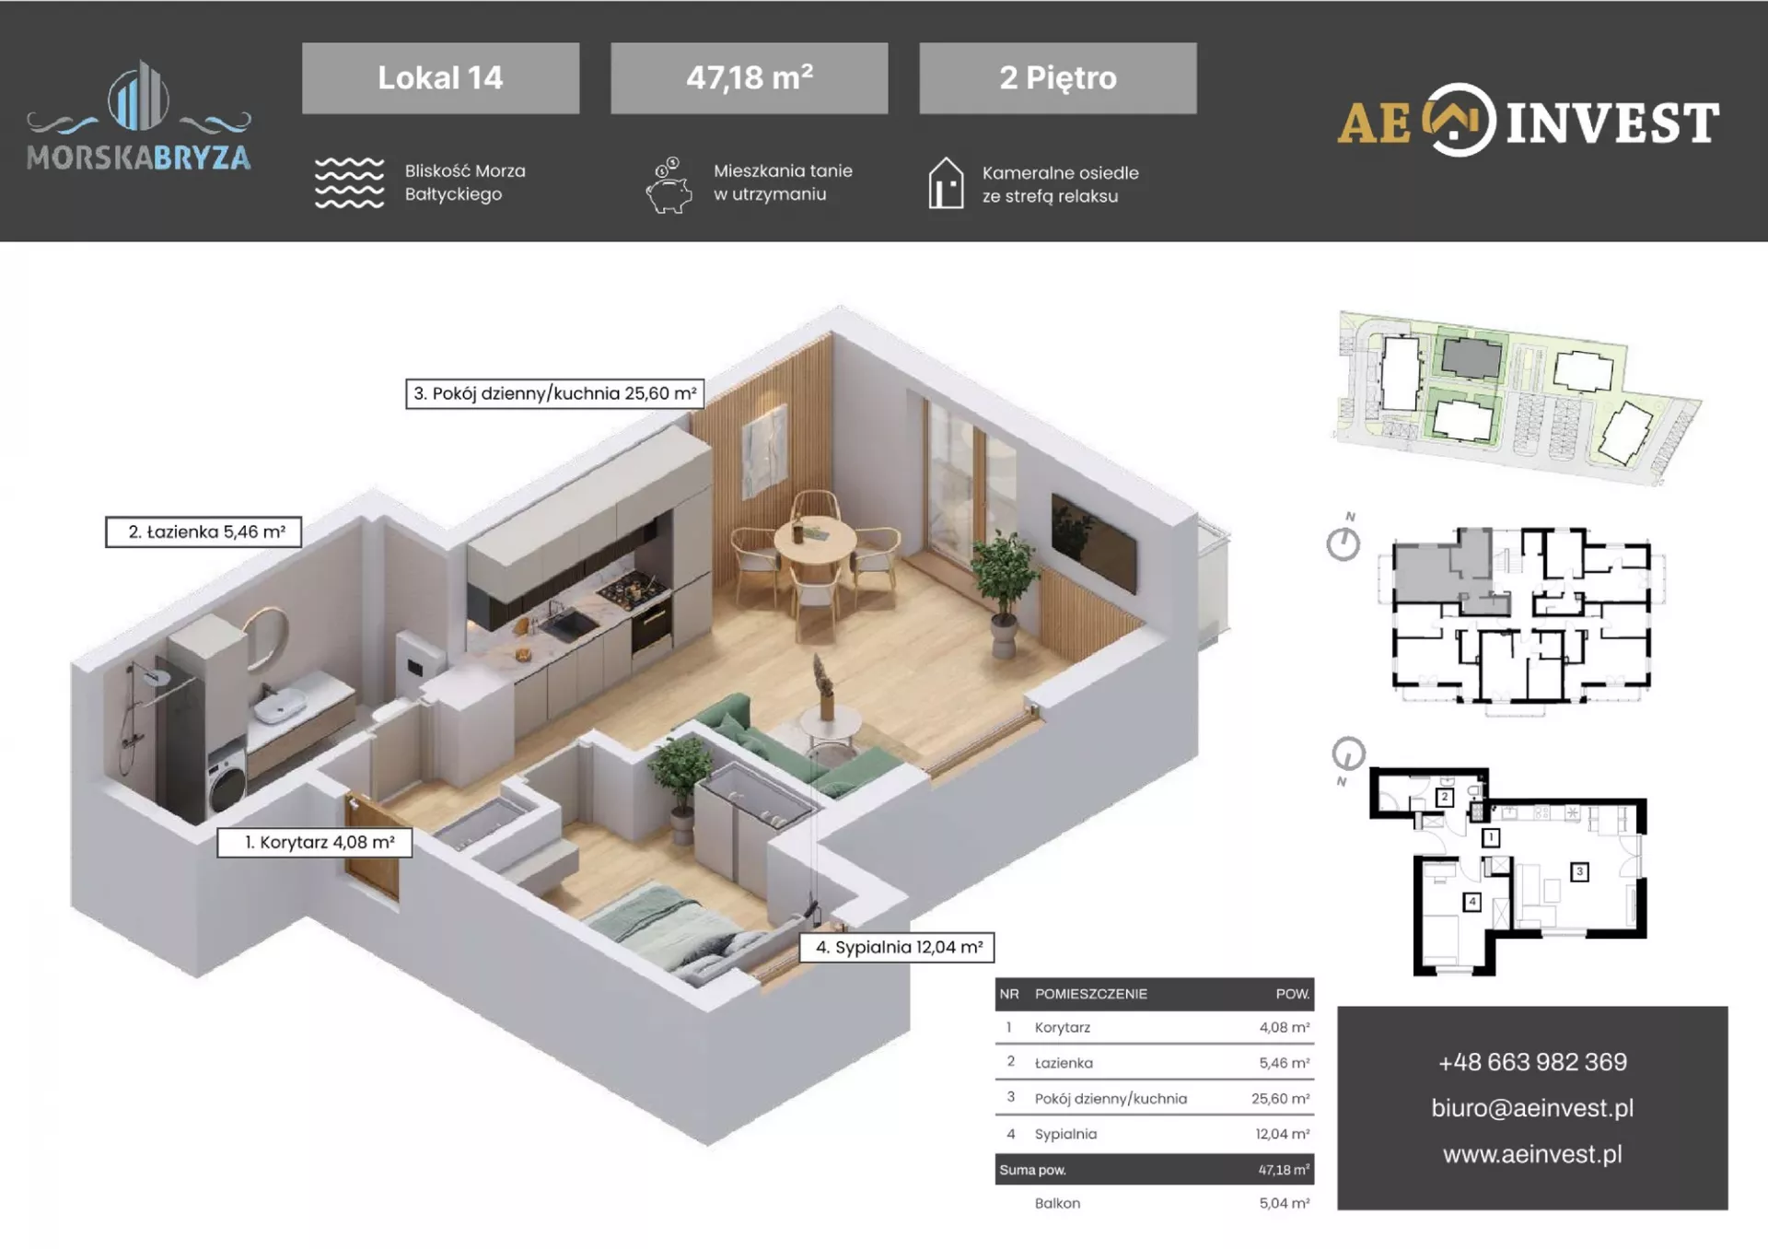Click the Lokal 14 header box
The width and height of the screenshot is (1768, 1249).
[440, 78]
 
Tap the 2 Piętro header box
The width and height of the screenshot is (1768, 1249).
[1058, 78]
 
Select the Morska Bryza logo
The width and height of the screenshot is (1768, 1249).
[138, 117]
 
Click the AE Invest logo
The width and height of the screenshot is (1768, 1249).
[1528, 121]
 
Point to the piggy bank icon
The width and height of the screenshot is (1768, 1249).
[669, 185]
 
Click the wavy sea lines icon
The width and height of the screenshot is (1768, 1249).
[349, 182]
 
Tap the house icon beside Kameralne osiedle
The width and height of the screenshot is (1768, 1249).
[946, 182]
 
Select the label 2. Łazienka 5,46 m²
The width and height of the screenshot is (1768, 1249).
[204, 532]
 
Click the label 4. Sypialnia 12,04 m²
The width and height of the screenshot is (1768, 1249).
[897, 947]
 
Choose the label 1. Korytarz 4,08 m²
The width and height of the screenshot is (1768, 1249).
[314, 843]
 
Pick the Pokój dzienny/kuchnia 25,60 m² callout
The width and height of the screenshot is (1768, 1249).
[554, 393]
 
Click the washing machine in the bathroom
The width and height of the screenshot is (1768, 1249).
[227, 779]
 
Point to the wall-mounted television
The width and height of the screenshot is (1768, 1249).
[1094, 543]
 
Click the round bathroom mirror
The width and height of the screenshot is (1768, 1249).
[266, 637]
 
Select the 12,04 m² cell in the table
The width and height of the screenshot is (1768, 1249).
[1282, 1134]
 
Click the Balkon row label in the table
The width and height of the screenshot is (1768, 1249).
[1057, 1203]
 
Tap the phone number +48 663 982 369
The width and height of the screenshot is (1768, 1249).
[1532, 1062]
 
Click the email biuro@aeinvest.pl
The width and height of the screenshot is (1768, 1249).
[1532, 1108]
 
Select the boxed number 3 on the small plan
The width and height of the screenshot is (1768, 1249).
[1579, 871]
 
